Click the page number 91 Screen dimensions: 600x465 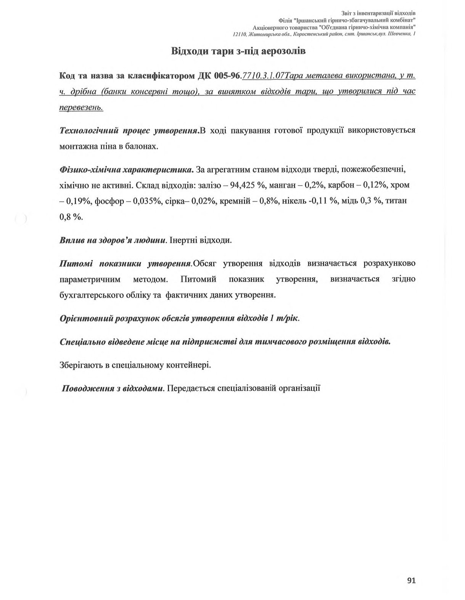pyautogui.click(x=411, y=580)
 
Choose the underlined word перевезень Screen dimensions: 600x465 pyautogui.click(x=81, y=107)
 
